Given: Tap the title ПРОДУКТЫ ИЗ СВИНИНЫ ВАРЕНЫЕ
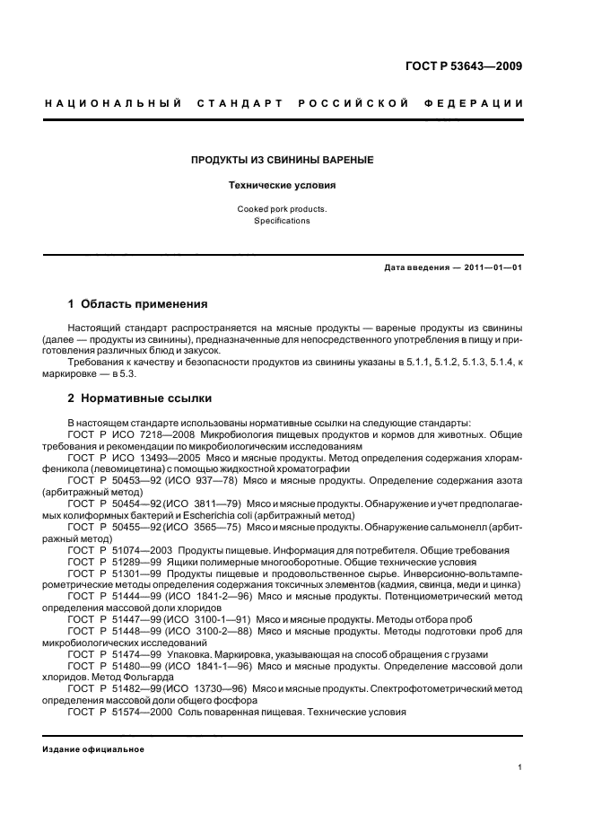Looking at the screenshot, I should point(282,160).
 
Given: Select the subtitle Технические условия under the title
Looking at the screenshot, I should point(282,186).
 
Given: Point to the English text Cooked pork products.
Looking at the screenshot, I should point(282,208).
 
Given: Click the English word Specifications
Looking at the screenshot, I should point(282,221).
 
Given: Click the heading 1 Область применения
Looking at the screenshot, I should point(137,304).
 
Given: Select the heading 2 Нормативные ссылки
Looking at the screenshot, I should point(140,398).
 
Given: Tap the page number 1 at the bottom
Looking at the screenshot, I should point(520,767).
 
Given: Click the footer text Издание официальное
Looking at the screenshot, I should point(93,748).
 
